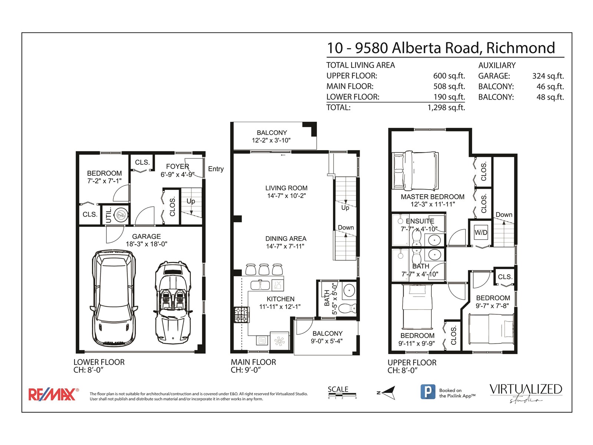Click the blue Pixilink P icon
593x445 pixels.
(428, 392)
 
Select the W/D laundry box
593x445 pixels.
(481, 233)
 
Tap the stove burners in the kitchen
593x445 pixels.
(242, 315)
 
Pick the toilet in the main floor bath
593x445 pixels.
(347, 308)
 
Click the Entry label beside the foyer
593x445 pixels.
(216, 169)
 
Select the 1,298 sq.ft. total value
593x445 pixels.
(446, 108)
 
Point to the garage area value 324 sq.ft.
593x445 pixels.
(548, 76)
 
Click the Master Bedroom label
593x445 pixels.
(433, 197)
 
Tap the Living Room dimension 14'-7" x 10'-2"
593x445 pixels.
(286, 196)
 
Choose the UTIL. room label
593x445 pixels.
(108, 215)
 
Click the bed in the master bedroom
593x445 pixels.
(415, 171)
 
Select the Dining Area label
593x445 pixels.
(286, 238)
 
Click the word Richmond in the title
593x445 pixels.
(521, 48)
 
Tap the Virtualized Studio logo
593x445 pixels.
(526, 393)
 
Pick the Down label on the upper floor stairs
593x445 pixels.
(504, 215)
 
